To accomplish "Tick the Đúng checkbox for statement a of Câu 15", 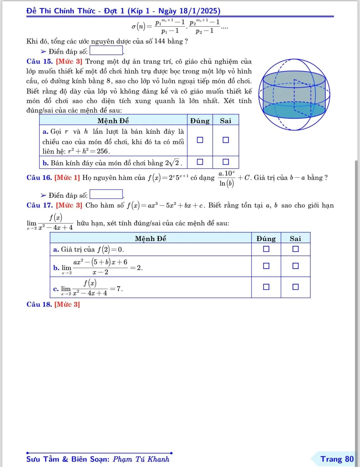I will coord(200,140).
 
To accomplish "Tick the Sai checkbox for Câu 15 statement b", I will coord(225,162).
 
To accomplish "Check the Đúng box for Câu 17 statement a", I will coord(266,249).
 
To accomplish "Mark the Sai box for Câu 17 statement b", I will coord(295,266).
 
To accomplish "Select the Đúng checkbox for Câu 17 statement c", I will coord(266,287).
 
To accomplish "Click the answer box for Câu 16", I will coord(106,194).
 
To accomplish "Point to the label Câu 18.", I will coord(39,304).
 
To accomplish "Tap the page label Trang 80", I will coord(337,459).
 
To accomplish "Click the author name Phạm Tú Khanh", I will coord(141,459).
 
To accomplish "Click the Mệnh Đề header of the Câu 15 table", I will coord(113,121).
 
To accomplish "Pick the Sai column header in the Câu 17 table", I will coord(295,239).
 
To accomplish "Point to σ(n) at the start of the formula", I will coord(138,27).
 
